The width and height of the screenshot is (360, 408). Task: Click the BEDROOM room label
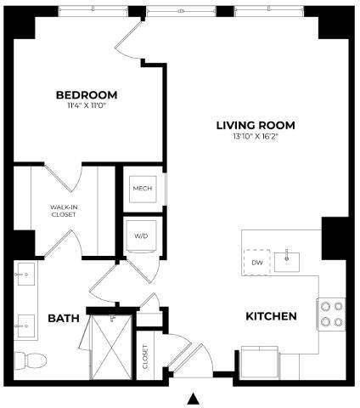point(86,94)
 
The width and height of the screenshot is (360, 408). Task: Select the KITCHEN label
point(271,316)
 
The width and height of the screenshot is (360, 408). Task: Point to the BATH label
point(64,318)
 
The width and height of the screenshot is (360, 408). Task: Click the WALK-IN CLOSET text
point(63,210)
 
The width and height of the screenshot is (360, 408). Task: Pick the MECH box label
point(142,188)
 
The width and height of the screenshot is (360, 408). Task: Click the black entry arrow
point(194,398)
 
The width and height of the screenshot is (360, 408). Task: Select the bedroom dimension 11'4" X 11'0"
point(86,108)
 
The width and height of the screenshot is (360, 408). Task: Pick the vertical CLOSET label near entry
point(145,354)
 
